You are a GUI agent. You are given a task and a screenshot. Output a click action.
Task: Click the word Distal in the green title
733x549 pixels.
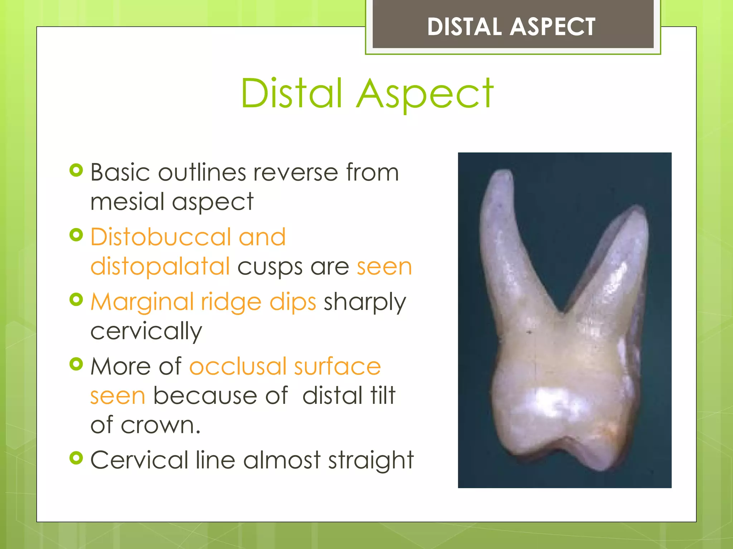(x=292, y=94)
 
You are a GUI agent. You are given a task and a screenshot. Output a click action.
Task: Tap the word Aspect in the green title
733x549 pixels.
(x=425, y=95)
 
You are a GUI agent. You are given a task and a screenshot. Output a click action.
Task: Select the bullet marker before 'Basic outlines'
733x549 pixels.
(x=76, y=170)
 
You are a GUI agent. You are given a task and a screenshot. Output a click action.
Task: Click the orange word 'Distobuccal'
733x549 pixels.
(x=160, y=237)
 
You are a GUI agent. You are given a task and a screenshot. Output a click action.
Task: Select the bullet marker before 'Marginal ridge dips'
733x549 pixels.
(x=76, y=300)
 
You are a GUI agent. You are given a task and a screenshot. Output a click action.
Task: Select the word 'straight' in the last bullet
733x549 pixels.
(x=371, y=460)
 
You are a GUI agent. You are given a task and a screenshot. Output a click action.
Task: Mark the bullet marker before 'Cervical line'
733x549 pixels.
(x=76, y=457)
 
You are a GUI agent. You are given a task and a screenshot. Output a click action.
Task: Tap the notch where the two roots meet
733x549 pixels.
(x=563, y=312)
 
